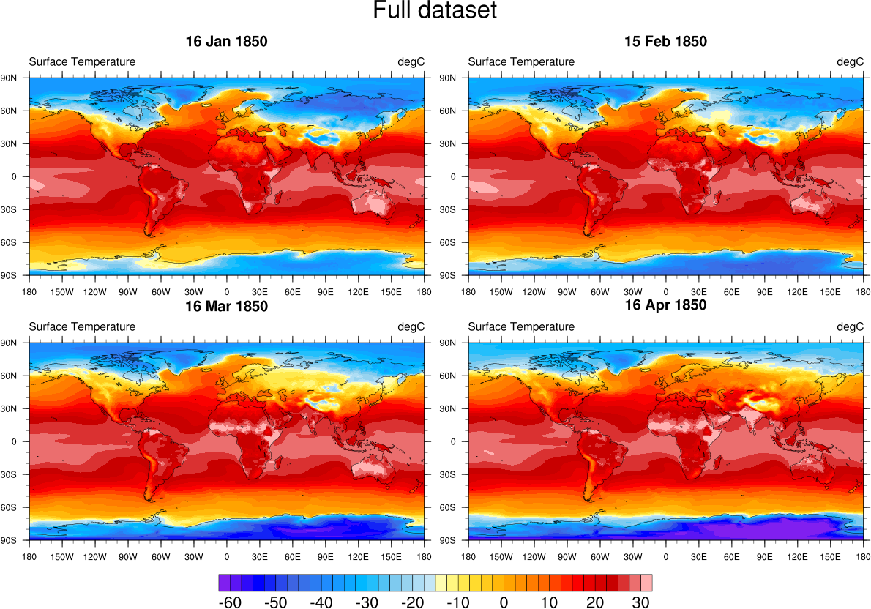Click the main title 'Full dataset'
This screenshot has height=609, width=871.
[x=435, y=11]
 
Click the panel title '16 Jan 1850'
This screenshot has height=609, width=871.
[x=226, y=42]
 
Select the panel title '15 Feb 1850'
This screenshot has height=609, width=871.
[x=665, y=42]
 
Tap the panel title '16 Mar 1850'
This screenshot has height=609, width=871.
[x=226, y=306]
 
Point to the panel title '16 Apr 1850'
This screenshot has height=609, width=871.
[x=665, y=305]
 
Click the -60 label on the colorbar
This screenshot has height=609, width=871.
[x=231, y=602]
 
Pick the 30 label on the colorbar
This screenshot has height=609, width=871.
[x=640, y=602]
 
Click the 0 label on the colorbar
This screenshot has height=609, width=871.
[x=504, y=602]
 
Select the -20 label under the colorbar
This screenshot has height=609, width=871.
[x=413, y=602]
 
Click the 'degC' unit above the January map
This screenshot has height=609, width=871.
[x=411, y=61]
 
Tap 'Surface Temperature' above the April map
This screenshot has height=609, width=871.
[x=521, y=326]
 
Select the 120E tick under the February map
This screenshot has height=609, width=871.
[x=797, y=291]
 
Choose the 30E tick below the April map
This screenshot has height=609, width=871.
[x=698, y=556]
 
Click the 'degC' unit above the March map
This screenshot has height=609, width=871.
[x=411, y=326]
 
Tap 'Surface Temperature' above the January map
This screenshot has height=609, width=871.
[x=82, y=61]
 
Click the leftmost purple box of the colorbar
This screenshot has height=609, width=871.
[x=224, y=583]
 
